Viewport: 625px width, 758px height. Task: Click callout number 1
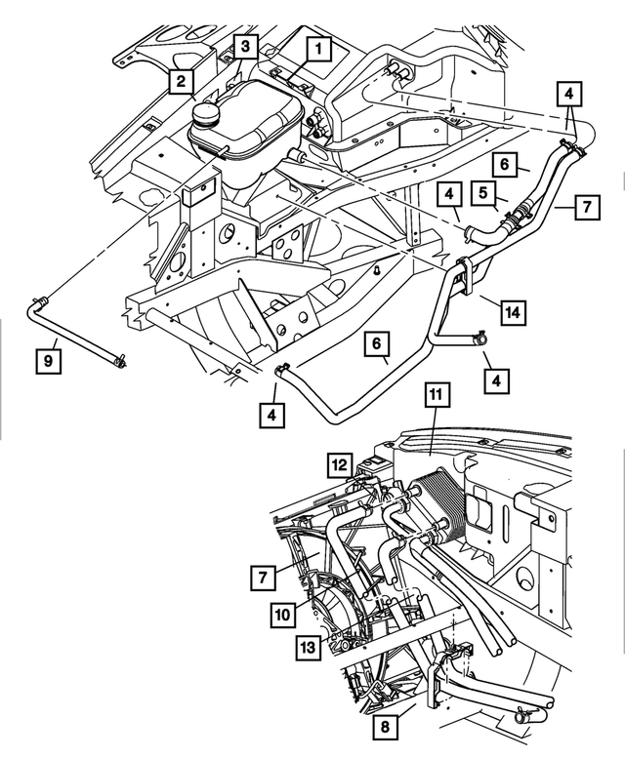(x=316, y=46)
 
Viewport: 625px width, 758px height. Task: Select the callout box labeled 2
(x=179, y=81)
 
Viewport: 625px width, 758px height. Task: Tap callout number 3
(x=246, y=46)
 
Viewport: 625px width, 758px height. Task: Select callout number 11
(x=437, y=395)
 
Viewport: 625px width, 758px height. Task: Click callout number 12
(x=339, y=465)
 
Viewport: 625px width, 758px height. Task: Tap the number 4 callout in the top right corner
(x=569, y=94)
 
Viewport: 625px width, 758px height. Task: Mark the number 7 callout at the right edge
(x=586, y=207)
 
